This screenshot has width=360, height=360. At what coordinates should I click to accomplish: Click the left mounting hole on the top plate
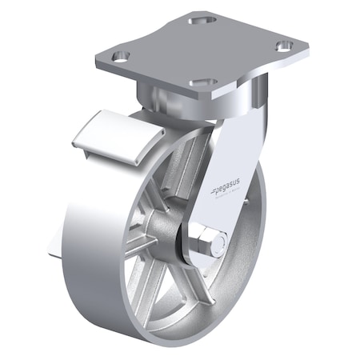(x=120, y=57)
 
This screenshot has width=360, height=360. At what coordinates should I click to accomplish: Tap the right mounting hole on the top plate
(x=284, y=46)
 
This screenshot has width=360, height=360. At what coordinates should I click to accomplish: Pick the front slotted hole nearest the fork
(x=203, y=82)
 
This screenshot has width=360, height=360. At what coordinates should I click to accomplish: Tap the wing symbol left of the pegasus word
(x=214, y=190)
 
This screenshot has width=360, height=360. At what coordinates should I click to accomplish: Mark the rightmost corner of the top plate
(x=307, y=45)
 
